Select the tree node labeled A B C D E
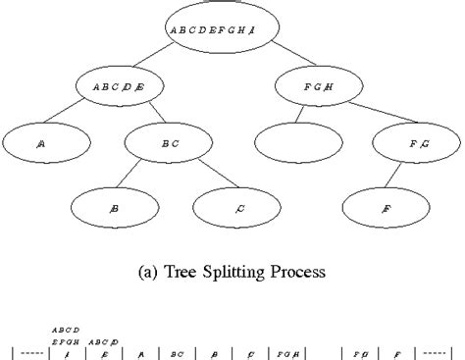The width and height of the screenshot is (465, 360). click(x=119, y=86)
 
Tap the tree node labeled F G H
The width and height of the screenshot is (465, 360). click(x=319, y=86)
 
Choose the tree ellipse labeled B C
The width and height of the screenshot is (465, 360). click(x=169, y=143)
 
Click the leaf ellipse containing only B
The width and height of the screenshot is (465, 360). click(x=115, y=207)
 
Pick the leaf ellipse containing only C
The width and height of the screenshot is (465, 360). click(x=238, y=207)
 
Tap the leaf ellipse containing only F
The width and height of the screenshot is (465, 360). click(x=384, y=207)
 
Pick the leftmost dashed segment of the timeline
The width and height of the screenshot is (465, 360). click(x=31, y=349)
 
